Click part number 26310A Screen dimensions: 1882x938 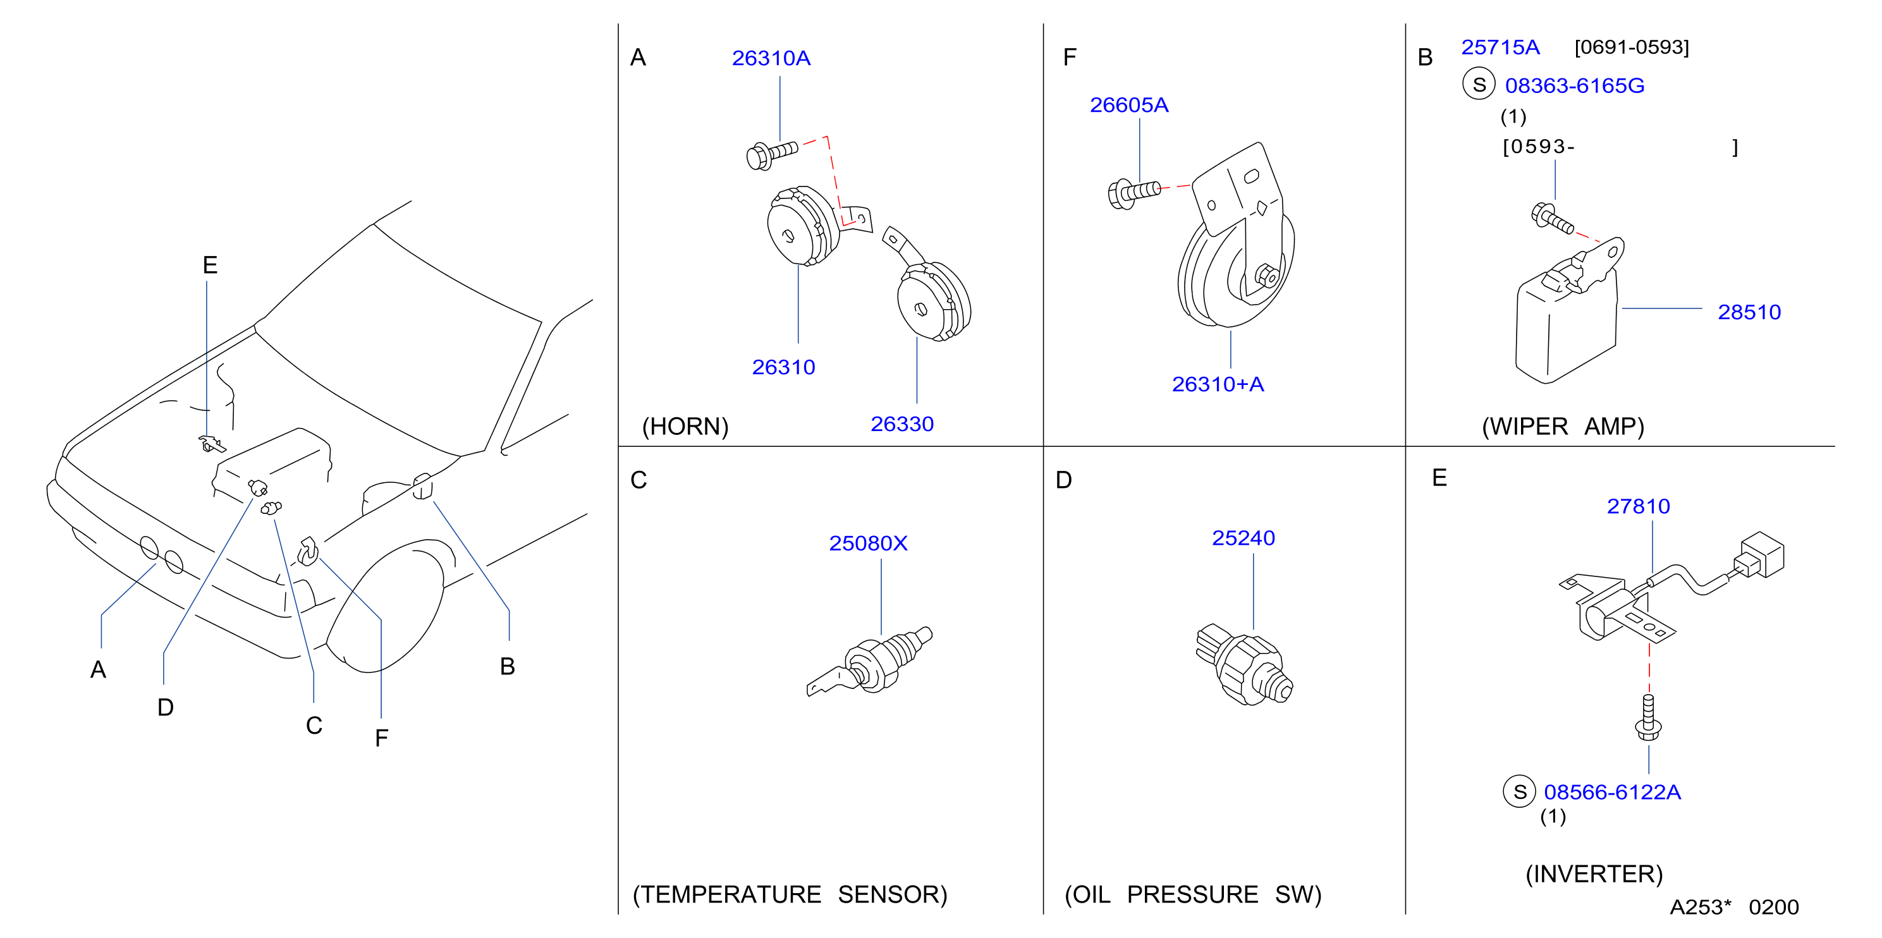coord(771,58)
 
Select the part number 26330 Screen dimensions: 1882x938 coord(901,423)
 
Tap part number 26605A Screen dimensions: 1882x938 coord(1129,105)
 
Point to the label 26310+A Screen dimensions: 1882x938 coord(1217,384)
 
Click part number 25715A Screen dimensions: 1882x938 coord(1500,47)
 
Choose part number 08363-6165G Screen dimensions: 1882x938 coord(1574,85)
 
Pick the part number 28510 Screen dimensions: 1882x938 coord(1749,312)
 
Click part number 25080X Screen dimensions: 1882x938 coord(868,544)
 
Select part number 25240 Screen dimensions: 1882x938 coord(1243,539)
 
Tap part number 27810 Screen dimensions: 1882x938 coord(1638,506)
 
